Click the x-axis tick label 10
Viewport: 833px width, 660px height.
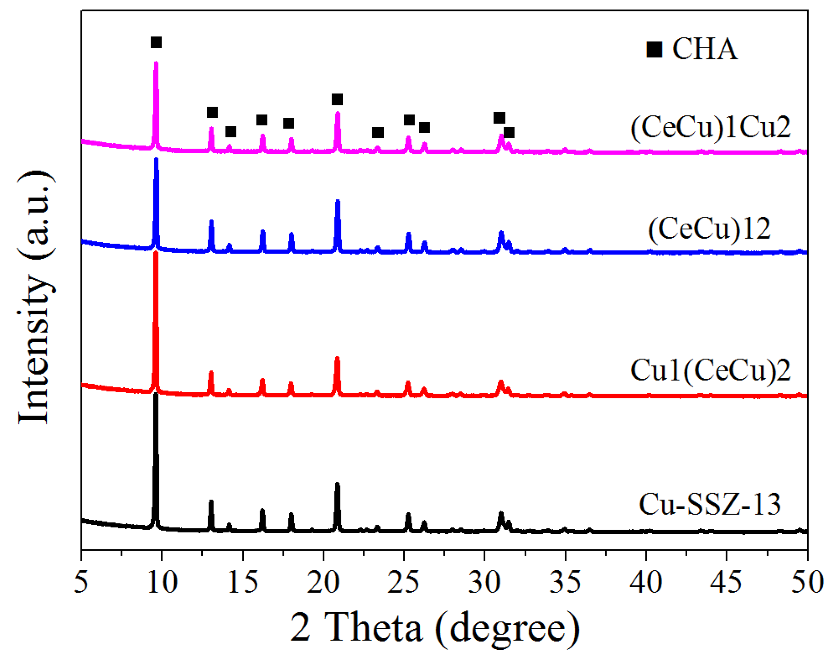[162, 582]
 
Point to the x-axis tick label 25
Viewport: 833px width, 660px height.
[404, 582]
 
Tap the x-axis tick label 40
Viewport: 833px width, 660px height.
[646, 582]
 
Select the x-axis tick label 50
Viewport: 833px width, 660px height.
[807, 582]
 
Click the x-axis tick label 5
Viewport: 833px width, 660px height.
[81, 582]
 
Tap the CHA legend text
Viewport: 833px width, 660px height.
[705, 49]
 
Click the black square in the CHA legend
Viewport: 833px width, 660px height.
[654, 49]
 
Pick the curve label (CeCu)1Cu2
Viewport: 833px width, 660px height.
[710, 127]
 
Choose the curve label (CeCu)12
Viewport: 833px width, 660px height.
[709, 228]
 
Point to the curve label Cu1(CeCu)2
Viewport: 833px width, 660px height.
[710, 370]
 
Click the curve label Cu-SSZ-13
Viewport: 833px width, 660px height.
[710, 505]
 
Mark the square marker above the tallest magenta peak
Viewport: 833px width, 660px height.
[156, 42]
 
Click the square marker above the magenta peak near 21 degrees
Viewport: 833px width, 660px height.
[337, 99]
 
